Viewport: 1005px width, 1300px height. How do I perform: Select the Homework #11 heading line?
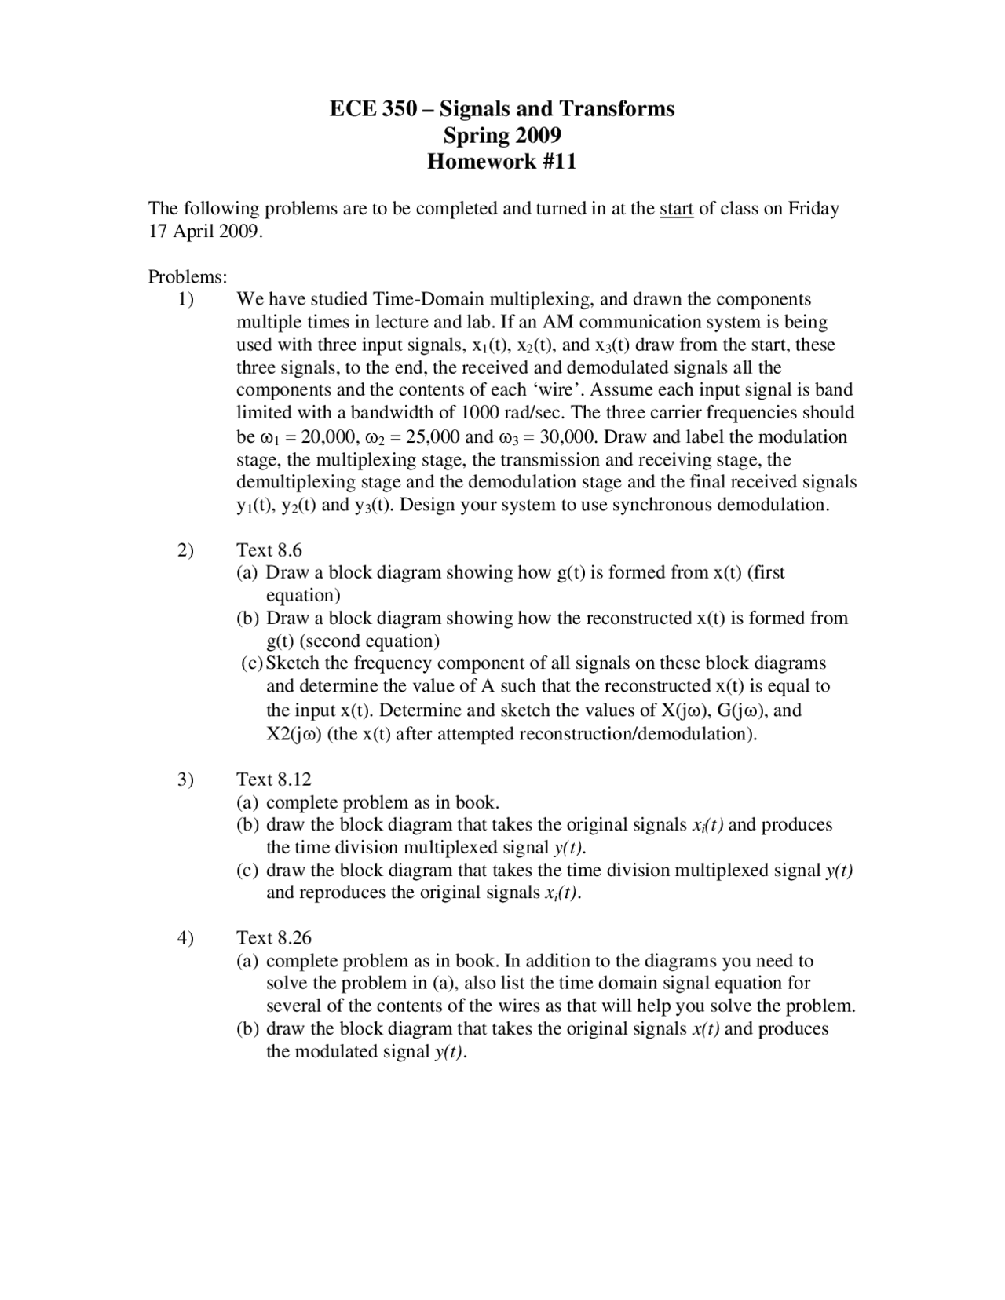point(502,162)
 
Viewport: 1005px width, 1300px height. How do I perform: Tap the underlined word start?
point(676,208)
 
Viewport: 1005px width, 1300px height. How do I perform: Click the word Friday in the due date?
point(813,208)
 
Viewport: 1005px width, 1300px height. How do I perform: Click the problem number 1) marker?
point(185,299)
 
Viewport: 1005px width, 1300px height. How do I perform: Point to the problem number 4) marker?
point(185,938)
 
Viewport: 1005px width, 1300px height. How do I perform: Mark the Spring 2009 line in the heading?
point(502,135)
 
